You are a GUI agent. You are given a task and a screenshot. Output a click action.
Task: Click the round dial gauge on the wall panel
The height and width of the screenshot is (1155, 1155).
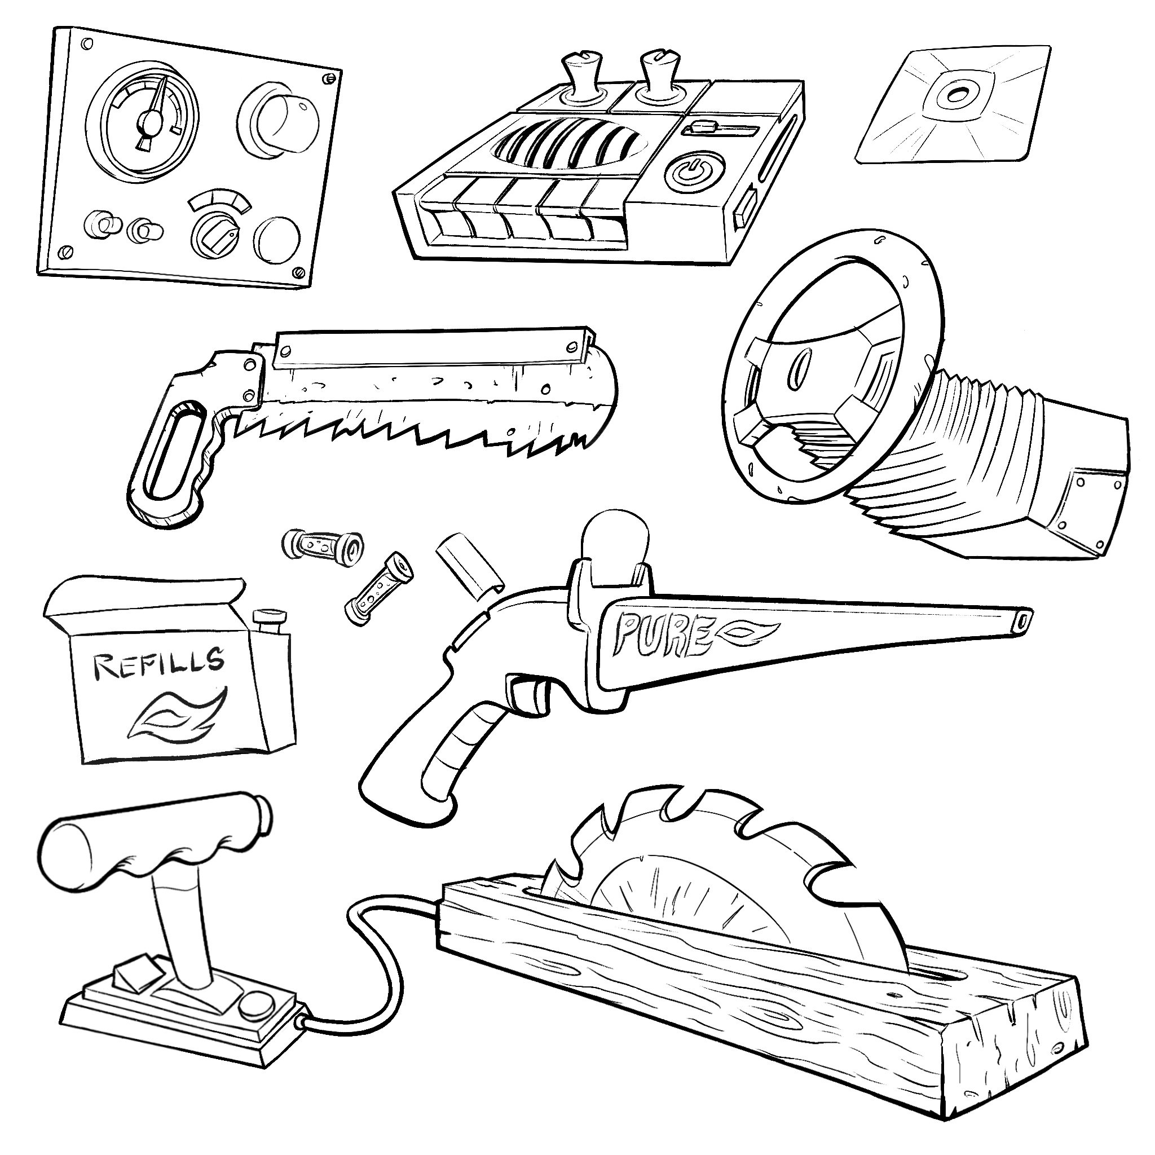tap(143, 121)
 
